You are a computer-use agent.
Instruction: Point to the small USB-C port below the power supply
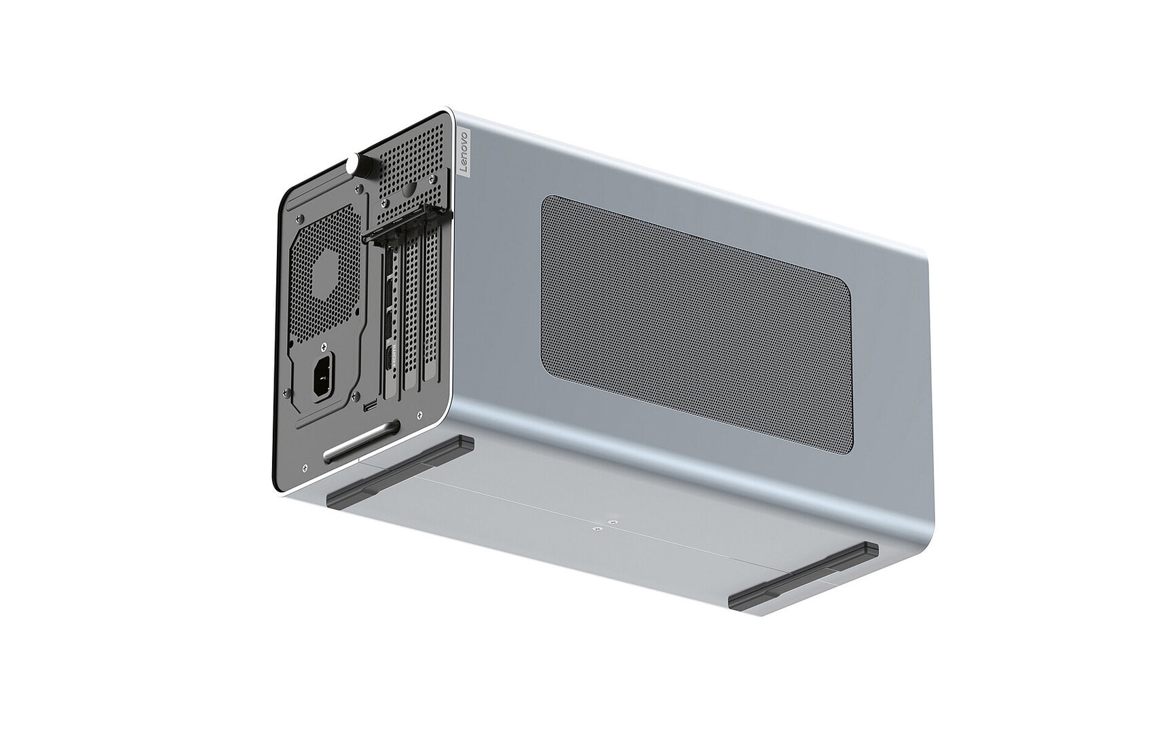tap(371, 407)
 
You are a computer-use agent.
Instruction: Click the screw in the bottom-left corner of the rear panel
tap(307, 467)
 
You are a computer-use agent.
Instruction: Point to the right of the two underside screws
tap(613, 521)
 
